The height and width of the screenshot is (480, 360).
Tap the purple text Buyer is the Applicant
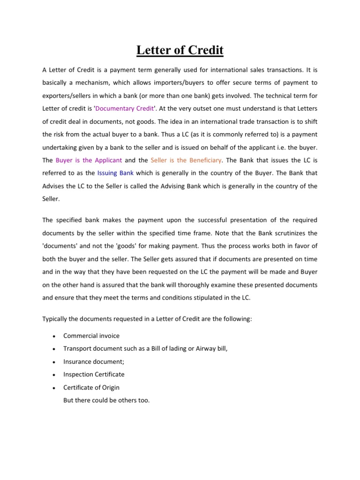[89, 160]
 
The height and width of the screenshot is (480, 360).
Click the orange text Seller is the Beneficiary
[186, 160]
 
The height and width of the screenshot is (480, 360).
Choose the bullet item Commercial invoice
[91, 336]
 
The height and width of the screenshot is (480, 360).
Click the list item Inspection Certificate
[94, 375]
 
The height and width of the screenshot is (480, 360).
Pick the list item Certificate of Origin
[91, 387]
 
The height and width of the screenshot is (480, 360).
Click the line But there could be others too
[106, 400]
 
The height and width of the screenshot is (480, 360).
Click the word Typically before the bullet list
[55, 319]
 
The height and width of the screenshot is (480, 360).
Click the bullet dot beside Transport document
[54, 349]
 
